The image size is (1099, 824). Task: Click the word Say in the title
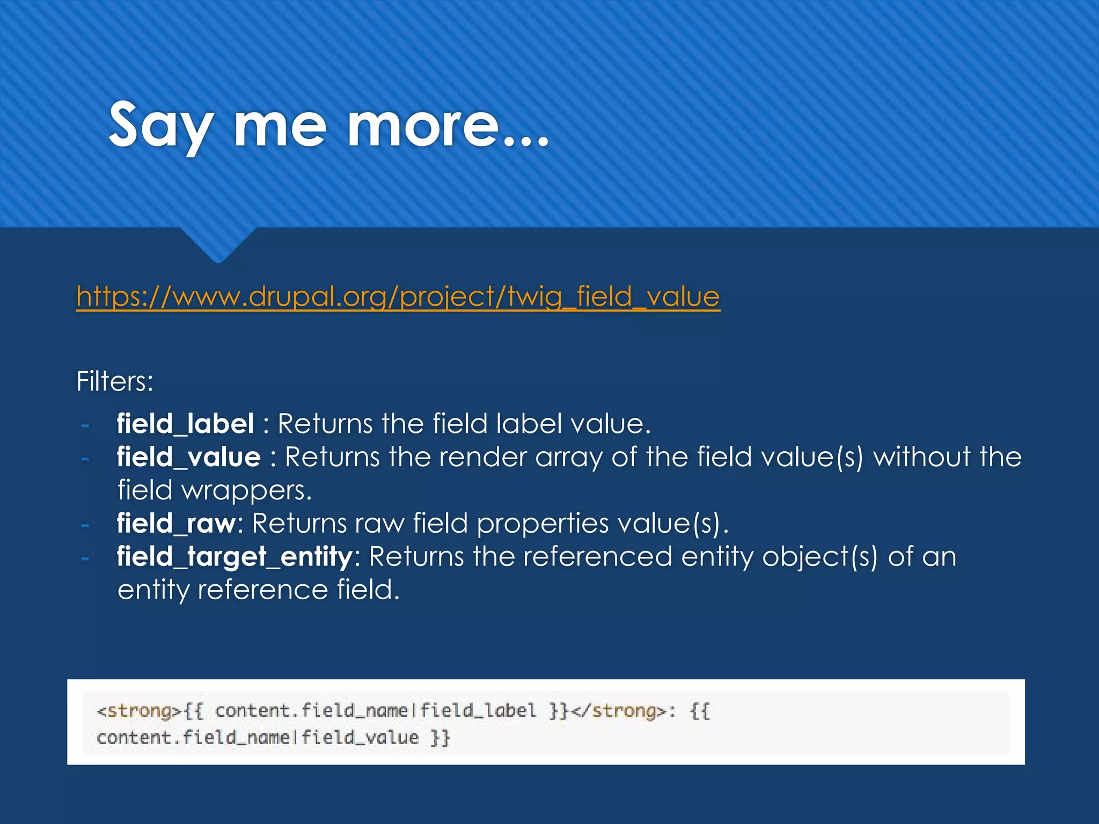pyautogui.click(x=162, y=126)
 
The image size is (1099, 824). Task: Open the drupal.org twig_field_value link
pyautogui.click(x=398, y=296)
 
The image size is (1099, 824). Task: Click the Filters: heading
pyautogui.click(x=115, y=381)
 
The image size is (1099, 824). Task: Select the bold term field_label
pyautogui.click(x=185, y=424)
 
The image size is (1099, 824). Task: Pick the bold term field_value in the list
pyautogui.click(x=189, y=457)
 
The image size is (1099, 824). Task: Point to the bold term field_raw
pyautogui.click(x=176, y=524)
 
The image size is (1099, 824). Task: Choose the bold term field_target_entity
pyautogui.click(x=235, y=557)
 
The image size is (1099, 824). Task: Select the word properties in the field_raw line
pyautogui.click(x=543, y=524)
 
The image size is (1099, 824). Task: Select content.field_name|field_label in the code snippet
pyautogui.click(x=375, y=711)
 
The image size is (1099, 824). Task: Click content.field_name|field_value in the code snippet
pyautogui.click(x=257, y=738)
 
